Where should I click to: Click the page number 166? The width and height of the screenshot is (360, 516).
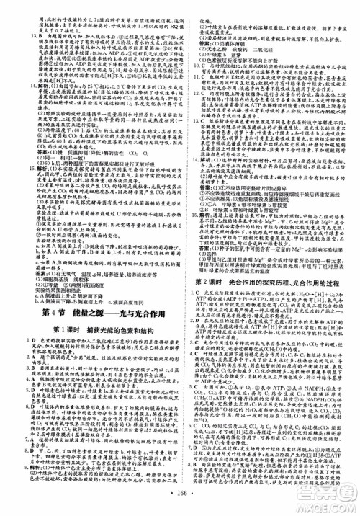180,505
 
